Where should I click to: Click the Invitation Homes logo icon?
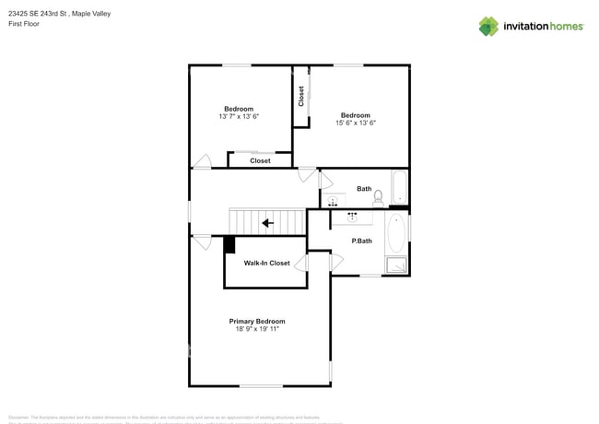pyautogui.click(x=488, y=26)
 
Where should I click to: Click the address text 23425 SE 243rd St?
pyautogui.click(x=43, y=14)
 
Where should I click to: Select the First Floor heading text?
pyautogui.click(x=23, y=24)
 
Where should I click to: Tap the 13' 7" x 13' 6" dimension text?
pyautogui.click(x=239, y=117)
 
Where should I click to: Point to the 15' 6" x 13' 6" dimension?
pyautogui.click(x=356, y=123)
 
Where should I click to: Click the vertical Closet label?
pyautogui.click(x=301, y=96)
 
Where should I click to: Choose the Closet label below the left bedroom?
pyautogui.click(x=260, y=160)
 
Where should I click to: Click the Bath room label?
pyautogui.click(x=364, y=189)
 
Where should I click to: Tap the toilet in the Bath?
pyautogui.click(x=378, y=197)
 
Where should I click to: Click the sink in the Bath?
pyautogui.click(x=333, y=200)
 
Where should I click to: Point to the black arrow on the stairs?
pyautogui.click(x=267, y=222)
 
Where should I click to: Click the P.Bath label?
pyautogui.click(x=361, y=241)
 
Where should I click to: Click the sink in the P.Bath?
pyautogui.click(x=352, y=218)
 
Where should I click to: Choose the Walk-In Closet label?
pyautogui.click(x=266, y=263)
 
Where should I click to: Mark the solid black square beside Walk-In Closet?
pyautogui.click(x=229, y=243)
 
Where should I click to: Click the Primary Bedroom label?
pyautogui.click(x=257, y=321)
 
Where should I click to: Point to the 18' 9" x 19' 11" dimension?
pyautogui.click(x=257, y=329)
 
